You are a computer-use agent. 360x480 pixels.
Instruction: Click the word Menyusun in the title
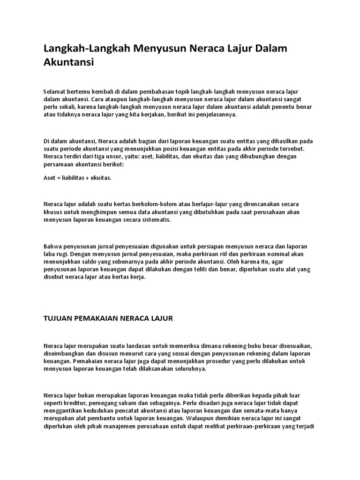tap(157, 48)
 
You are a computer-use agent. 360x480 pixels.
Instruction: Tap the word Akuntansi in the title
tap(69, 62)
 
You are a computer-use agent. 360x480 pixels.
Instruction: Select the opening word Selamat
tap(55, 90)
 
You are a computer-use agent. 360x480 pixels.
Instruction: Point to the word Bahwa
tap(52, 246)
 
